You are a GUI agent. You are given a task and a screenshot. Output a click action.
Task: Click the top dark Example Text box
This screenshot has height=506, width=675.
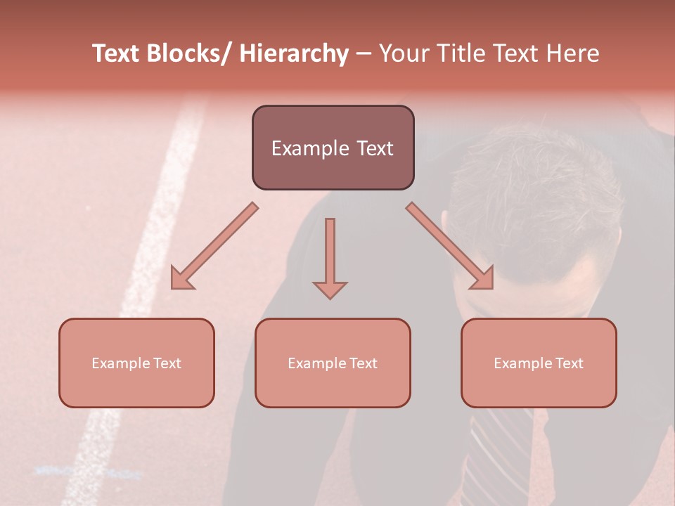pos(333,148)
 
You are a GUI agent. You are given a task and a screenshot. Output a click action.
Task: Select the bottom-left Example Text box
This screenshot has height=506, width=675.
pos(136,363)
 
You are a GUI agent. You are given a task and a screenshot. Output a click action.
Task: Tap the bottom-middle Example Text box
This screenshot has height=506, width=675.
pos(333,363)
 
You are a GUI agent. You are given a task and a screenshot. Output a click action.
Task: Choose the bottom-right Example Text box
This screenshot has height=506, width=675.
pos(539,363)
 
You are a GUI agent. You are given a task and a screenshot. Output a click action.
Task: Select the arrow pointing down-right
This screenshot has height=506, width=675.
pos(450,246)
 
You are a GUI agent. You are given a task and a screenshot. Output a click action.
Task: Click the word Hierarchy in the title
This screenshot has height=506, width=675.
pos(294,54)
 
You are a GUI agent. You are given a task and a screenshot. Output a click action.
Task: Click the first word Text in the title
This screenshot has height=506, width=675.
pos(117,54)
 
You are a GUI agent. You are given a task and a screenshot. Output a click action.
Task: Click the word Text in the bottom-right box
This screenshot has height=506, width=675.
pos(567,363)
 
